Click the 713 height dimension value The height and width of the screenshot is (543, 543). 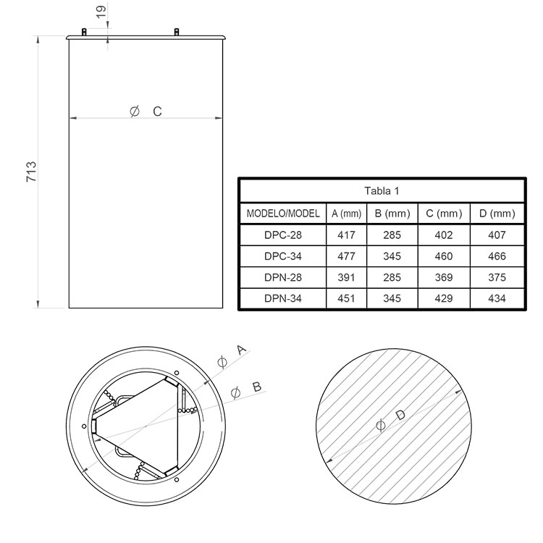click(x=31, y=172)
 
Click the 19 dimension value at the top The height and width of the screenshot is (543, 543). click(x=101, y=12)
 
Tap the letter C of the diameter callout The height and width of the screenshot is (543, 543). click(x=157, y=111)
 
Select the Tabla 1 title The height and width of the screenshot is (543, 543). click(x=382, y=191)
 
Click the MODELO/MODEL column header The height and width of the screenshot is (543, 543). click(x=283, y=214)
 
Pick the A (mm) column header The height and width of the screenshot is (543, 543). click(x=346, y=214)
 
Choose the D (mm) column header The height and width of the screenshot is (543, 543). click(x=497, y=214)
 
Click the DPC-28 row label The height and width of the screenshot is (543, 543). click(x=283, y=235)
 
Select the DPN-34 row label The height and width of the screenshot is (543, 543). click(x=283, y=298)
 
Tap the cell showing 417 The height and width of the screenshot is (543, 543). click(x=346, y=235)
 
